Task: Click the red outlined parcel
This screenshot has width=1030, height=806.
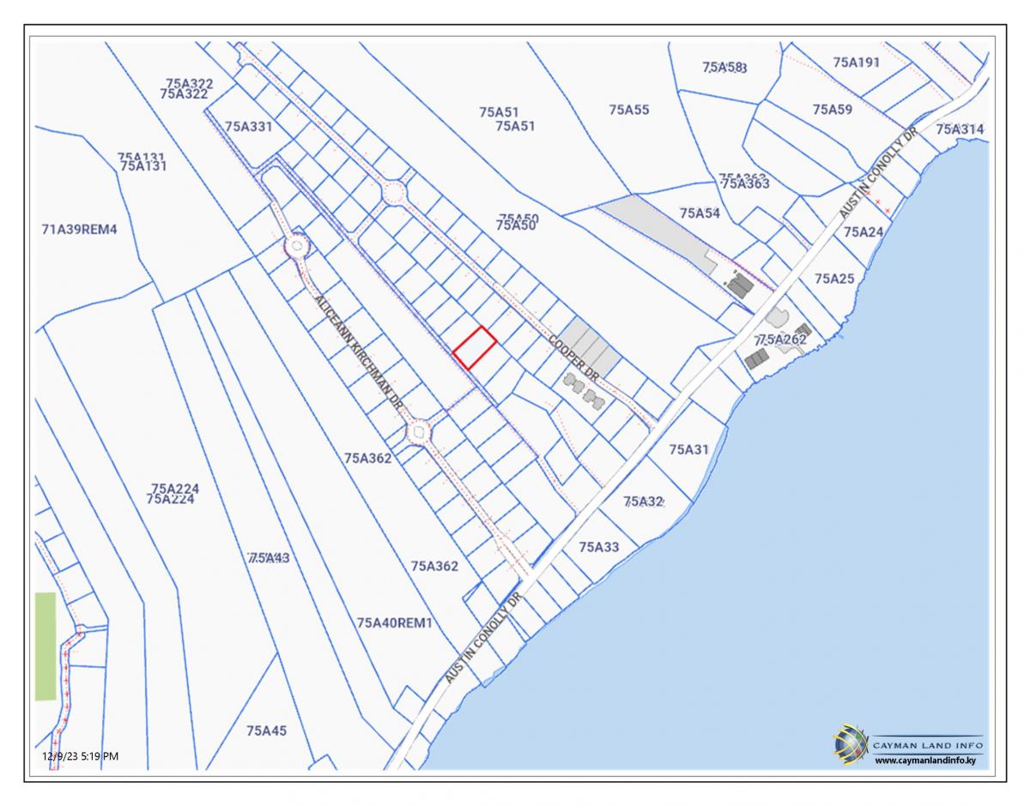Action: [475, 348]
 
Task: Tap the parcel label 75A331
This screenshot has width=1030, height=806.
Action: [248, 126]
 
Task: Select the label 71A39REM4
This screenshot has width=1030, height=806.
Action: [78, 229]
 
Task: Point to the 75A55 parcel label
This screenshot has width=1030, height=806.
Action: [629, 110]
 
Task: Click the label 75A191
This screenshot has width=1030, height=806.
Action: [857, 63]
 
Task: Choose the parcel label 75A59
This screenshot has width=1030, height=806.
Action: [832, 110]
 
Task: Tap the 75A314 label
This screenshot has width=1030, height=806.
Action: [960, 129]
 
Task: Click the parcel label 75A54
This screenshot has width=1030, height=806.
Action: [700, 213]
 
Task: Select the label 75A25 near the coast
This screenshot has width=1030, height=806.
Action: [834, 279]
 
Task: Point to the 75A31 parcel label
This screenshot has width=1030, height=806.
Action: [689, 448]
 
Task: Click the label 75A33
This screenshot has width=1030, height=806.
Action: [598, 546]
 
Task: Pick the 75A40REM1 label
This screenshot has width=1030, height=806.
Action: [394, 623]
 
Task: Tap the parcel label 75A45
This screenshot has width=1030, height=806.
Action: [266, 731]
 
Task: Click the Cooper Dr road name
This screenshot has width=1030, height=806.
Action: [574, 358]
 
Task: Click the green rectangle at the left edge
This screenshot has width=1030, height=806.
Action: [45, 646]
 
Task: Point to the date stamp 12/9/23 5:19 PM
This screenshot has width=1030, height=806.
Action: [81, 755]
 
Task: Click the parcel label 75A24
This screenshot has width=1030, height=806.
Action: [863, 232]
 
